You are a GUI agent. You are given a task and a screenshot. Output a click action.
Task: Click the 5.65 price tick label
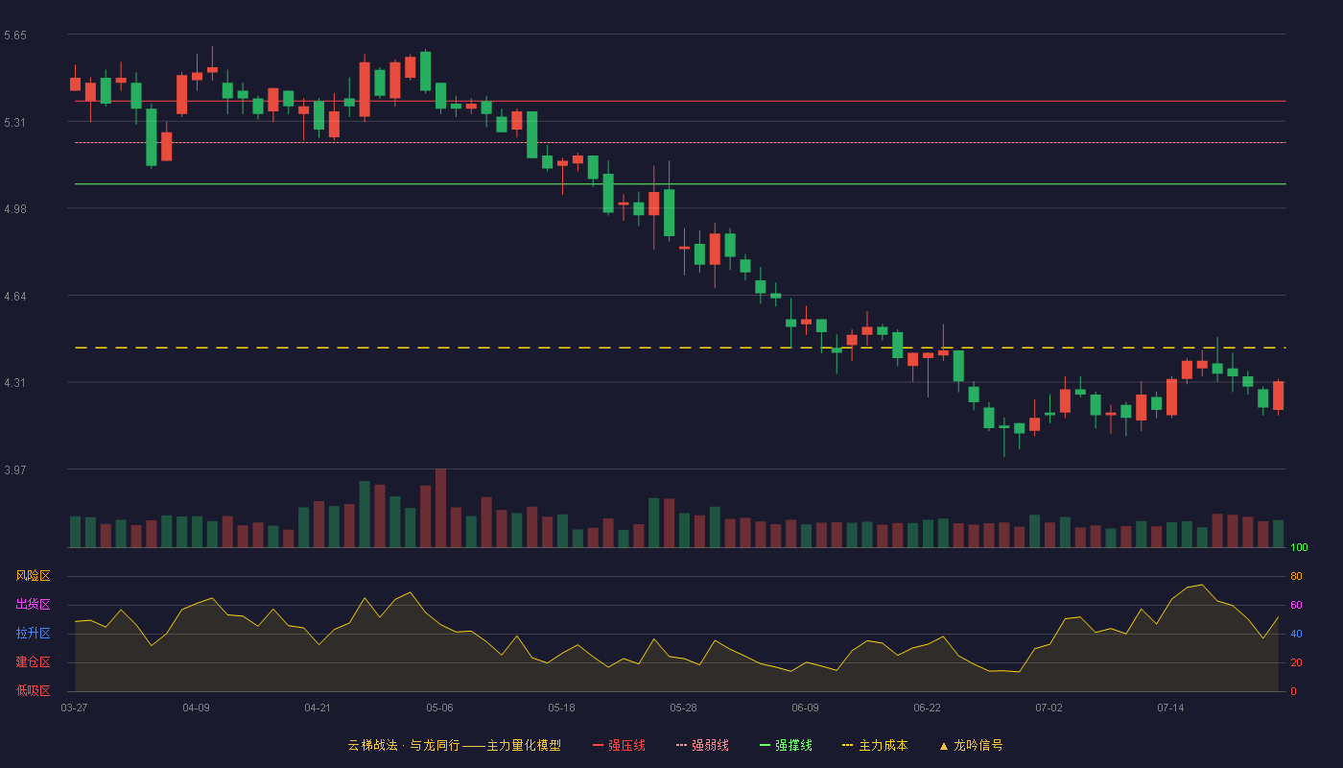coord(15,36)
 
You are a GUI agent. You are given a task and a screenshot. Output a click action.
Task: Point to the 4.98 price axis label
coord(15,209)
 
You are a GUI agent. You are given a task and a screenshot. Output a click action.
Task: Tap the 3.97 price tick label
coord(15,469)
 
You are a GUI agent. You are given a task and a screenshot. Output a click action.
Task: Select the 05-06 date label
coord(439,708)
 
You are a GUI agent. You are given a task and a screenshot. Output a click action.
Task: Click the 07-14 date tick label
coord(1170,708)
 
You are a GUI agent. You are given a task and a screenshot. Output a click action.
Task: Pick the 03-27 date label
coord(75,708)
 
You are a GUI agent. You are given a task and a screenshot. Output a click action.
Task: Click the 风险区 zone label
coord(33,576)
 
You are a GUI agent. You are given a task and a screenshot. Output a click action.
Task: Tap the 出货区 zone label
coord(33,604)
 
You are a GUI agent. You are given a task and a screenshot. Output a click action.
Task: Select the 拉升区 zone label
coord(33,633)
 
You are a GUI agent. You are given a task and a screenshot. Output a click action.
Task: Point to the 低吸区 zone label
coord(33,690)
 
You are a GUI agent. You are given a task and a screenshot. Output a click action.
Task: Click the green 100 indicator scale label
coord(1299,547)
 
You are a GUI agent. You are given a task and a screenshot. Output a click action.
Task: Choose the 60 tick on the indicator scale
coord(1296,605)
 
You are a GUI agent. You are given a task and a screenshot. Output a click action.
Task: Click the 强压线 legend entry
coord(619,745)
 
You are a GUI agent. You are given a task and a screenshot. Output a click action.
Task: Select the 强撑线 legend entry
coord(786,745)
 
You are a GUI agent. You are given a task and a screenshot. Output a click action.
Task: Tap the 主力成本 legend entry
coord(875,745)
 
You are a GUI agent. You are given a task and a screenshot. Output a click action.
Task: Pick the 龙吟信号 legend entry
coord(971,745)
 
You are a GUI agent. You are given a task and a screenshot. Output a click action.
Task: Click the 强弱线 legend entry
coord(702,745)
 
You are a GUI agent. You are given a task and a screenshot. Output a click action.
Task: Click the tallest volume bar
coord(440,508)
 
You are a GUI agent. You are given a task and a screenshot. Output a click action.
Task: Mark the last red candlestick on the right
coord(1278,396)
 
